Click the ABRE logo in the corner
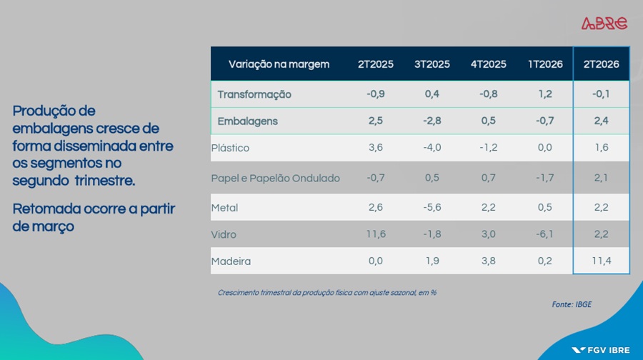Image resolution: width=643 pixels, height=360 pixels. [x=604, y=24]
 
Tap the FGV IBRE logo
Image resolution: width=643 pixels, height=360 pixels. [x=601, y=350]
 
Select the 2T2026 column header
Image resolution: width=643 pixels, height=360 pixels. [x=601, y=64]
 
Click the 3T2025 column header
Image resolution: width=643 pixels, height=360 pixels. [x=432, y=64]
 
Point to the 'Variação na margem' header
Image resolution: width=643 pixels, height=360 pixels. [x=279, y=64]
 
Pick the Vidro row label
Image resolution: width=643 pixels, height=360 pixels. [x=224, y=234]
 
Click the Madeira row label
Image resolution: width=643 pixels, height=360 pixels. [x=231, y=261]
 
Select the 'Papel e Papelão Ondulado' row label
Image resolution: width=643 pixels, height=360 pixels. [x=276, y=179]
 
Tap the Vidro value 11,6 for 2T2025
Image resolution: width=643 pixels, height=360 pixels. [x=376, y=234]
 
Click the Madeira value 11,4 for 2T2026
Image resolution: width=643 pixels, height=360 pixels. [x=601, y=261]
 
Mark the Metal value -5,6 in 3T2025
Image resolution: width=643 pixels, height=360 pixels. [x=432, y=207]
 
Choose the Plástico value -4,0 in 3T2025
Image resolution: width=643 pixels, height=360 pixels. [x=432, y=148]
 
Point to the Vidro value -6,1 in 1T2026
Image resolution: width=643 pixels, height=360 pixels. [x=544, y=234]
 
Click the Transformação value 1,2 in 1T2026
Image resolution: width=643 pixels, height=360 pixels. [x=545, y=94]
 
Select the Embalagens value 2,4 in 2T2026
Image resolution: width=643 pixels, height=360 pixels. [x=601, y=121]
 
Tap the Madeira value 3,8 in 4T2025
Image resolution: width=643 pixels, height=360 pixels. [x=489, y=261]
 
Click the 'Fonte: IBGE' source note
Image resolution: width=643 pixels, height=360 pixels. [x=572, y=304]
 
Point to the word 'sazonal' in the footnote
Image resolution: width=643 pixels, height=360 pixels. [x=404, y=293]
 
